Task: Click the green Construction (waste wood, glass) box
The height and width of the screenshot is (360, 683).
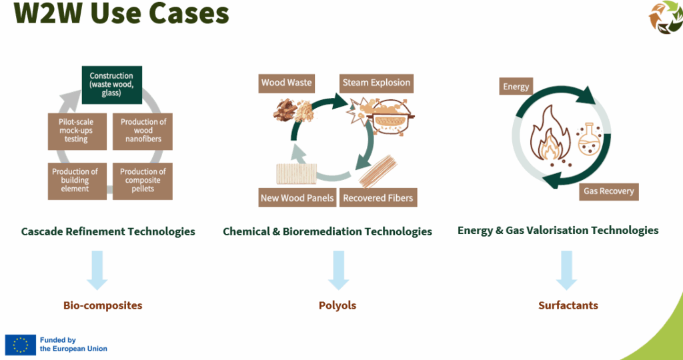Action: (x=112, y=85)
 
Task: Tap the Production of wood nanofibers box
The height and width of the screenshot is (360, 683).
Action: (x=143, y=132)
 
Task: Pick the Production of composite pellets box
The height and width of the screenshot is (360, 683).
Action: (x=143, y=181)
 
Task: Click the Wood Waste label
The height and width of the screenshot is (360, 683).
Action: (x=286, y=83)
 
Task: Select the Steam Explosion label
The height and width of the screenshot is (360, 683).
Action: (x=376, y=83)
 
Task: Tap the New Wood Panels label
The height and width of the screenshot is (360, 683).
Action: (x=297, y=197)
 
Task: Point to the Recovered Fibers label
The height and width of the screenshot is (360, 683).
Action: (x=378, y=197)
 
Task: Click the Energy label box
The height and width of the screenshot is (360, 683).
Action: (x=516, y=87)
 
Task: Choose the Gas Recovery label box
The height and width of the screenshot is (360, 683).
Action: (x=608, y=191)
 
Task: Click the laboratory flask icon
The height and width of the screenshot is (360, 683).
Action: (x=589, y=139)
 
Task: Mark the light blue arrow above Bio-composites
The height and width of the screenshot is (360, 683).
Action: (x=97, y=270)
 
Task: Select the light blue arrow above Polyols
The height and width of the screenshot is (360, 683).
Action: (x=338, y=270)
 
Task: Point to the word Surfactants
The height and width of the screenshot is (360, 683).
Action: (x=568, y=305)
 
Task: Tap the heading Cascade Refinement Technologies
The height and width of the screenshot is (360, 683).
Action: (x=108, y=231)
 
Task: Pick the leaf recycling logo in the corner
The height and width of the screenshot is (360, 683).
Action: (x=666, y=17)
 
